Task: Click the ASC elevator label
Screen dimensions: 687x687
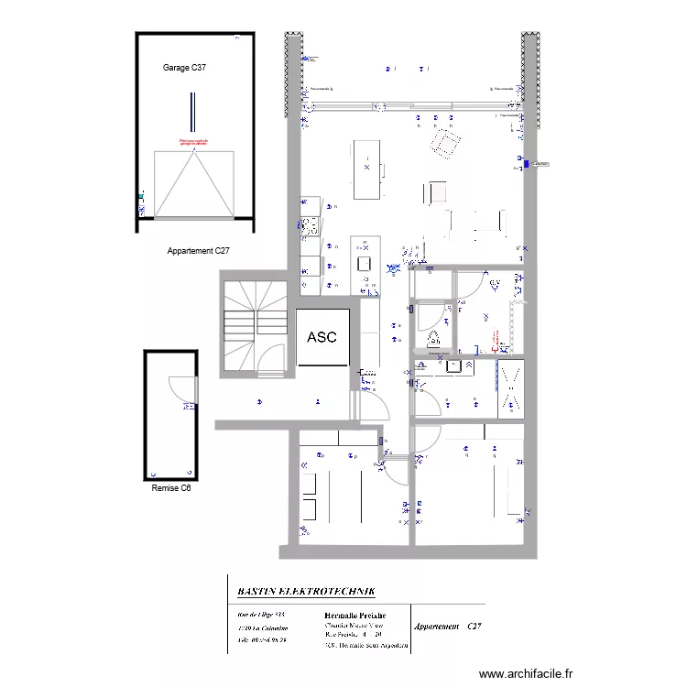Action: coord(322,337)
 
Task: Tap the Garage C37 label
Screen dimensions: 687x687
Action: coord(191,69)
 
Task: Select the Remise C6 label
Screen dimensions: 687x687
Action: coord(171,488)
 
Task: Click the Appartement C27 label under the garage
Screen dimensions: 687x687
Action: coord(198,250)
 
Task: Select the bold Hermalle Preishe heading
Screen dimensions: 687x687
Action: coord(355,616)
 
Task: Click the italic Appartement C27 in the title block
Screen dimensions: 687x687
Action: coord(447,627)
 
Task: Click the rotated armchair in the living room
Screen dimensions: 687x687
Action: coord(446,142)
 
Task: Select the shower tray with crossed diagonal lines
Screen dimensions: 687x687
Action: coord(510,388)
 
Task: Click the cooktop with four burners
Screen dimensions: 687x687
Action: coord(309,224)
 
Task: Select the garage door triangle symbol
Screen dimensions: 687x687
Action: coord(192,184)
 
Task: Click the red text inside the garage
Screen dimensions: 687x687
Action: coord(193,142)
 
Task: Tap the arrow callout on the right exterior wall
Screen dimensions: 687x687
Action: coord(541,164)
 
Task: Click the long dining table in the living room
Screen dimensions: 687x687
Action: coord(365,169)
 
